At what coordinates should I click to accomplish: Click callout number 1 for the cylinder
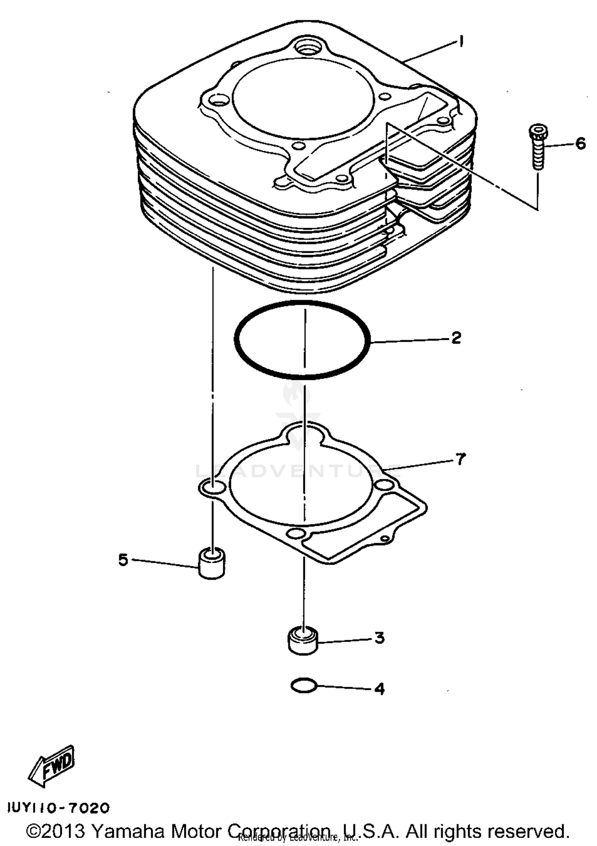[x=461, y=41]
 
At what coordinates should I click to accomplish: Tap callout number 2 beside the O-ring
[x=456, y=338]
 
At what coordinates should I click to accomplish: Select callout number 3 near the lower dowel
[x=379, y=638]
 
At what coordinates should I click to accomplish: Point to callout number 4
[x=379, y=689]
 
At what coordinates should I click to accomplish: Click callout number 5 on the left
[x=123, y=560]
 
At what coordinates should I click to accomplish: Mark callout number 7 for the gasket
[x=460, y=459]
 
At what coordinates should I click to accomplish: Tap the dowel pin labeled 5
[x=211, y=563]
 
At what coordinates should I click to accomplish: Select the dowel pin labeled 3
[x=303, y=640]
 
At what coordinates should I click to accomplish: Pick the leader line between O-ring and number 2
[x=410, y=340]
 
